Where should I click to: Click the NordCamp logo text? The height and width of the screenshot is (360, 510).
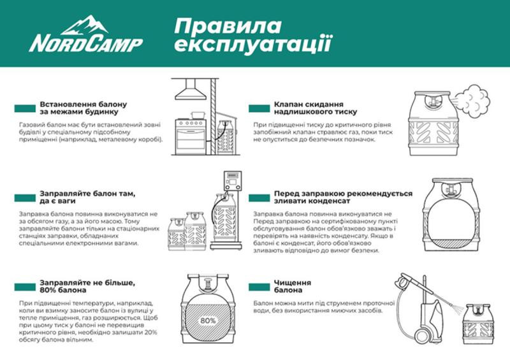(85, 43)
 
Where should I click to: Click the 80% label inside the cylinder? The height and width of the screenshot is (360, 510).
(208, 320)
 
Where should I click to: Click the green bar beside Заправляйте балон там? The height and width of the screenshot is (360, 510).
(25, 198)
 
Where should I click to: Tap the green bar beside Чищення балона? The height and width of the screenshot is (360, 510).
(261, 287)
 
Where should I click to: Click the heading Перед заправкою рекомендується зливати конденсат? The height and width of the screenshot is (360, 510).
(342, 198)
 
